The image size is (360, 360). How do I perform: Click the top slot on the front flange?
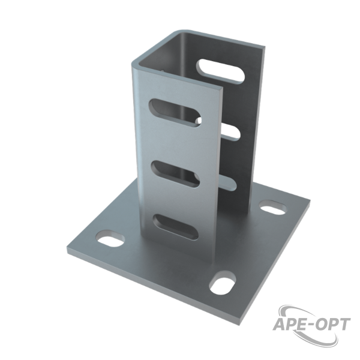click(175, 113)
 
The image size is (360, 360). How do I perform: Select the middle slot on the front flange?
click(175, 174)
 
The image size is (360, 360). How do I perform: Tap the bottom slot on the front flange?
click(176, 227)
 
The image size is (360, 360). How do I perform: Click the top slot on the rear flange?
click(220, 71)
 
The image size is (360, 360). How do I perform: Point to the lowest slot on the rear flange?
click(228, 183)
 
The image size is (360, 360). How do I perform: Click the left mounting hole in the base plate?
click(110, 239)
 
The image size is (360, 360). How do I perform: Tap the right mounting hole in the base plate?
click(273, 208)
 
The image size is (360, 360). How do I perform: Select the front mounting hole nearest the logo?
click(223, 283)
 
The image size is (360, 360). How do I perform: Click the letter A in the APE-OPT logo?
click(280, 324)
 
